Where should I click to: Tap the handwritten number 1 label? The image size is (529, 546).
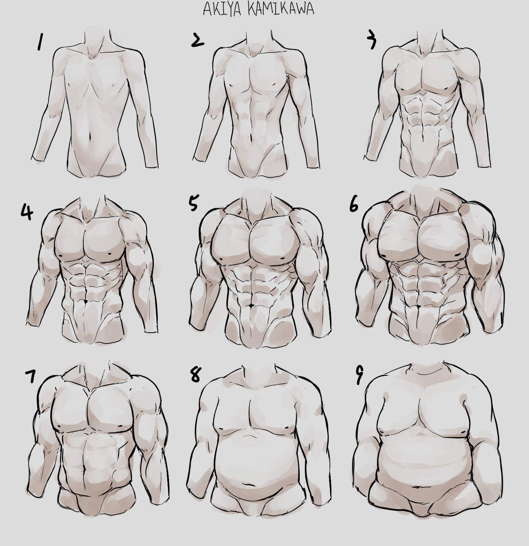click(x=39, y=42)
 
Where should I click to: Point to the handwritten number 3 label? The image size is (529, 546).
click(x=372, y=41)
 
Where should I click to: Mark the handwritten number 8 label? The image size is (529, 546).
click(x=195, y=374)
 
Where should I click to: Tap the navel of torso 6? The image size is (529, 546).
click(x=418, y=306)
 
